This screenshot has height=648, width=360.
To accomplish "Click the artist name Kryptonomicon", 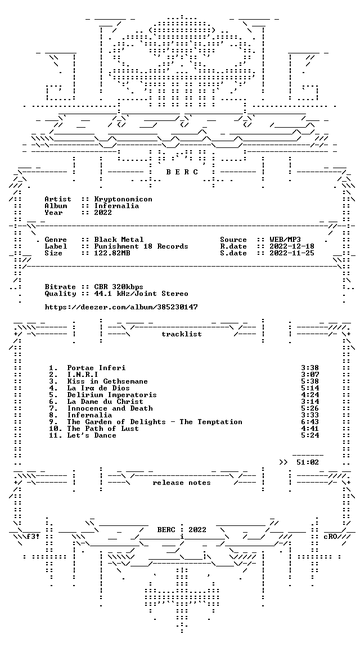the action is click(123, 199).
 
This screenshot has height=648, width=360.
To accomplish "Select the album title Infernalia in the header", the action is click(116, 206).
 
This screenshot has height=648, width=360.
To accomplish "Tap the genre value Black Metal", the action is click(119, 240).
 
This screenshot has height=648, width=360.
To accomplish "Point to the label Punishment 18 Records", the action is click(141, 246).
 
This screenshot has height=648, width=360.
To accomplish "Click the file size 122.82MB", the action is click(112, 253).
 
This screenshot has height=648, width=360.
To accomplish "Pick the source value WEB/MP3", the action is click(285, 240).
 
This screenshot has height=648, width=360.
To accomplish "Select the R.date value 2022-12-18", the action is click(292, 246).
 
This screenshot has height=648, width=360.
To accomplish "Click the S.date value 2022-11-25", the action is click(292, 253).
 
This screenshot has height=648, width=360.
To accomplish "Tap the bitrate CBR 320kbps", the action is click(119, 287).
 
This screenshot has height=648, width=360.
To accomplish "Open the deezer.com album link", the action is click(121, 307).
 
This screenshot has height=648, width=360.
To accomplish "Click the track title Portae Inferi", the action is click(96, 368).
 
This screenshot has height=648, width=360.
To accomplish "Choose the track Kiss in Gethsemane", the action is click(107, 381).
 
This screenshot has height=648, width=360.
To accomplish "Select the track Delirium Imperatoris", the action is click(112, 395).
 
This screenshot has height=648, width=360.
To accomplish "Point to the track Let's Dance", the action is click(92, 435).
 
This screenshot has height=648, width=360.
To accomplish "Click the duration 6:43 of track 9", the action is click(310, 422).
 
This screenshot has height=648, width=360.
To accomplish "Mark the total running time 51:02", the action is click(308, 462).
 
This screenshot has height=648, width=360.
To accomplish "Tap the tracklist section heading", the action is click(182, 334).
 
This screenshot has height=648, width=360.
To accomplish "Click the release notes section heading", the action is click(182, 483).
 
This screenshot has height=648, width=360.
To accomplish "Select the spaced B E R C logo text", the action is click(182, 172).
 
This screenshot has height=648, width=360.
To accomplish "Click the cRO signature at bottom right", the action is click(331, 537).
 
